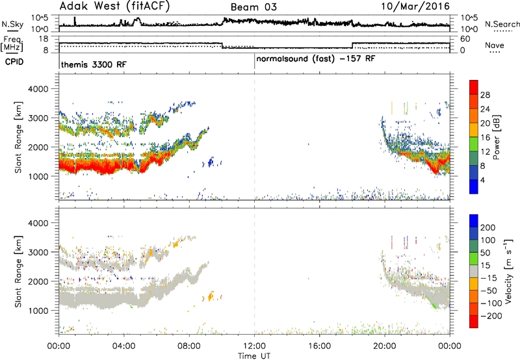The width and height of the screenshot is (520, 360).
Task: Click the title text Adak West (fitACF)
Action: point(114,6)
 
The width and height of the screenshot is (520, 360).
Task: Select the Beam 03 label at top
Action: point(253,7)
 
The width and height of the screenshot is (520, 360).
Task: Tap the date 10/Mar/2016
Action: point(415,6)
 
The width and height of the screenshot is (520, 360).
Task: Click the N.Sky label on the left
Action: point(12,24)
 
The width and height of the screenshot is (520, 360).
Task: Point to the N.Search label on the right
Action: point(502,24)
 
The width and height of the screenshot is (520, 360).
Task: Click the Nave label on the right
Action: point(495,45)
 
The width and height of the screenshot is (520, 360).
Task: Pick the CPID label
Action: point(14,62)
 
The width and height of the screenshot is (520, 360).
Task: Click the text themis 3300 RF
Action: point(94,64)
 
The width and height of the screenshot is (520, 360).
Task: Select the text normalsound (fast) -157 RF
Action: point(316,59)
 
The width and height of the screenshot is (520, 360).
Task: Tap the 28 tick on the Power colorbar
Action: point(485,95)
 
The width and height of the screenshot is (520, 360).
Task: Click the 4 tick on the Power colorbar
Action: point(482,181)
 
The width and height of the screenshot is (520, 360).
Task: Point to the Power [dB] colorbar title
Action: point(496,137)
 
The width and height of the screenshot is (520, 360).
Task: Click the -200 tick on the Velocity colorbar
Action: point(491,316)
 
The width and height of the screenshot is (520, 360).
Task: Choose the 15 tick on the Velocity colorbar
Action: point(484,266)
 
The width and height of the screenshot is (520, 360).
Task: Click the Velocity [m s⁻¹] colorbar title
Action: point(508,271)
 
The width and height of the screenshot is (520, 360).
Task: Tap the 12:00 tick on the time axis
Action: point(254,346)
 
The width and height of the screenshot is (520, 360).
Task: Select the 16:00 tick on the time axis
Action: point(319,346)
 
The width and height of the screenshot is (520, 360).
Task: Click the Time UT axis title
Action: point(254,356)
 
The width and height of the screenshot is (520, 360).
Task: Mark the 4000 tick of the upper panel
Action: point(38,89)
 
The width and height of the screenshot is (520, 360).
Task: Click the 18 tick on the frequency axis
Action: point(44,39)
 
